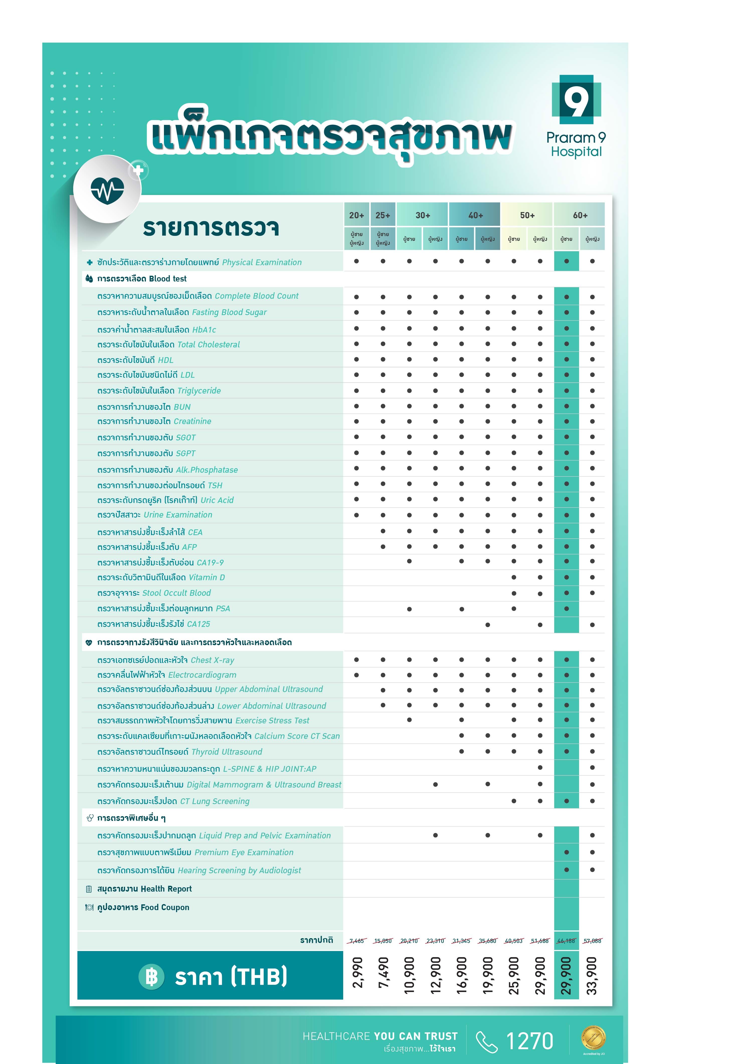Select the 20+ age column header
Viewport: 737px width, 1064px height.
[x=356, y=215]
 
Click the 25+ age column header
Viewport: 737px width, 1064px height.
[x=383, y=215]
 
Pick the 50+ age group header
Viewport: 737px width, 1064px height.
[x=527, y=215]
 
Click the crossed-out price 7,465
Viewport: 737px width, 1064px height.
[x=356, y=941]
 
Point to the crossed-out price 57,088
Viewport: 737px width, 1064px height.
[x=592, y=941]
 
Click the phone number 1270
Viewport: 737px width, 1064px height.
[x=529, y=1041]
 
